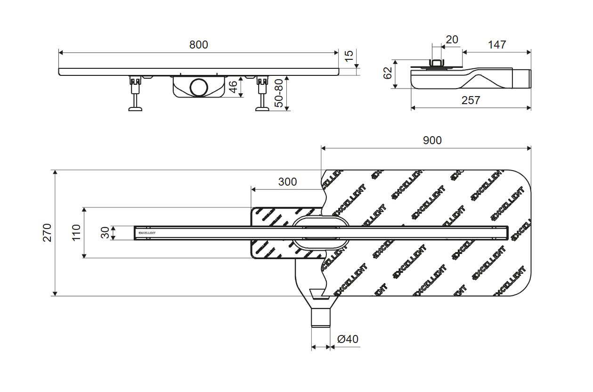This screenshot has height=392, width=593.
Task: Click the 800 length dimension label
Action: pos(198,45)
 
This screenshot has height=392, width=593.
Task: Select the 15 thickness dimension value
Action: pos(349,56)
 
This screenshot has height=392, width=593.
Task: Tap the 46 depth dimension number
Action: pos(233,87)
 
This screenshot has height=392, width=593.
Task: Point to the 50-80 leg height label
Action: pos(279,93)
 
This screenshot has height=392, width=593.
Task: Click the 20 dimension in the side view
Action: pos(452,40)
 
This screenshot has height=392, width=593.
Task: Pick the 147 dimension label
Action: pos(497,45)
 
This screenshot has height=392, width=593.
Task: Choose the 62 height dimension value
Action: pos(388,73)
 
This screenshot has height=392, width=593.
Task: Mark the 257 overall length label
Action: pos(471,100)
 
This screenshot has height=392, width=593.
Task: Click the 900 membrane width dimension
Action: pos(432,140)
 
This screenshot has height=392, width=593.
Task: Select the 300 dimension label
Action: pos(287,182)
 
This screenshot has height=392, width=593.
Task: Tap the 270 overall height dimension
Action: pos(48,233)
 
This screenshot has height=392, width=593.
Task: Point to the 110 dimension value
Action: pos(77,232)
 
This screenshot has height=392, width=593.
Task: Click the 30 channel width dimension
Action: pos(106,232)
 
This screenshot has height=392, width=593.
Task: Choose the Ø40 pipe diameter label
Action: pos(348,339)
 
